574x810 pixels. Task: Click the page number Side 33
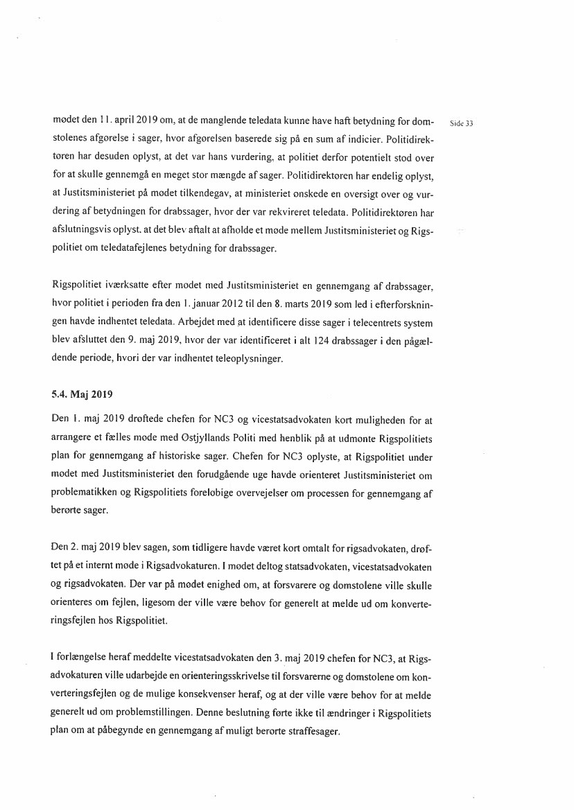click(x=461, y=124)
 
